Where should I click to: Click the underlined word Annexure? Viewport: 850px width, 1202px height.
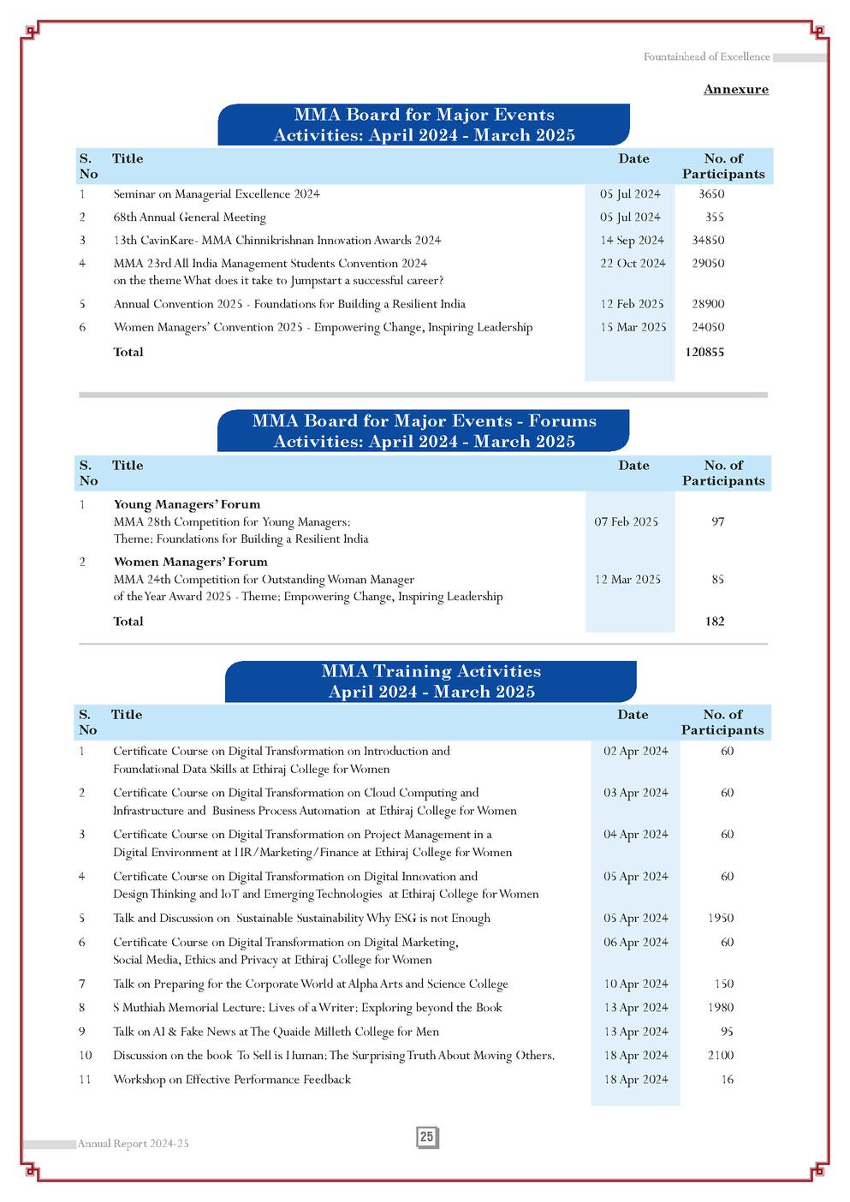(735, 89)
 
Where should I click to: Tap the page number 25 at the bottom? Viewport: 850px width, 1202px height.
(427, 1137)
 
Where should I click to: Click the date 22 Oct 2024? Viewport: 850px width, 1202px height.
(633, 264)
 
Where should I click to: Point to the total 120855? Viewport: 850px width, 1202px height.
(704, 352)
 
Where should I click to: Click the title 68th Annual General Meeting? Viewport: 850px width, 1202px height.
(189, 217)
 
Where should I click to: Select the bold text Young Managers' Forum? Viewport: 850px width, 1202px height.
(187, 504)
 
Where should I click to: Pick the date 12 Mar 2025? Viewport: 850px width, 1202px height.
(627, 580)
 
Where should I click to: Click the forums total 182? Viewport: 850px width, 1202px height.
(715, 622)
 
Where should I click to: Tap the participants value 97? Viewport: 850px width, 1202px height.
(717, 521)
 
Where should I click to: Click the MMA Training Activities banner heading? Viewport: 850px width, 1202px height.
(431, 681)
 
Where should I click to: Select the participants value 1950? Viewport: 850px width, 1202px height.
(721, 918)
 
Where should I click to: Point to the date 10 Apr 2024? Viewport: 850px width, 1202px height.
(635, 985)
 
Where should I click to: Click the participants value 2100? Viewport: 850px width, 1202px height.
(721, 1056)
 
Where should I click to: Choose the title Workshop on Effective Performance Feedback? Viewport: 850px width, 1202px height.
(232, 1080)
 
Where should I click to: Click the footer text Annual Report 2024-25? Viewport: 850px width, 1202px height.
(133, 1144)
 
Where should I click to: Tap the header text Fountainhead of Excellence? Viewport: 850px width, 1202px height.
(706, 57)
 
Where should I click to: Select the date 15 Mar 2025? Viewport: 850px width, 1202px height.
(633, 327)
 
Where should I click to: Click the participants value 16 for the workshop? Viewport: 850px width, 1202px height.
(727, 1080)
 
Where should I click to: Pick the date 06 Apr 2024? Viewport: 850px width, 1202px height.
(635, 943)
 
